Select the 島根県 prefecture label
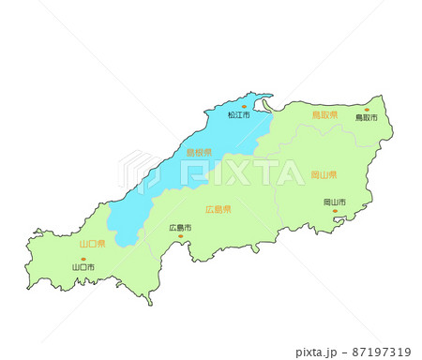click(198, 153)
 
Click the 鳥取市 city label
click(366, 119)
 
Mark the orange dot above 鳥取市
click(366, 110)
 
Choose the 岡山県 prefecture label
click(324, 175)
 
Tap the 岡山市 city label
click(334, 202)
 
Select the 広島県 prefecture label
click(218, 210)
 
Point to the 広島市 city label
click(180, 228)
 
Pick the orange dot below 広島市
click(181, 236)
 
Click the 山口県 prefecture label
click(92, 243)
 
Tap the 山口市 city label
click(83, 267)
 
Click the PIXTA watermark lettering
click(244, 172)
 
